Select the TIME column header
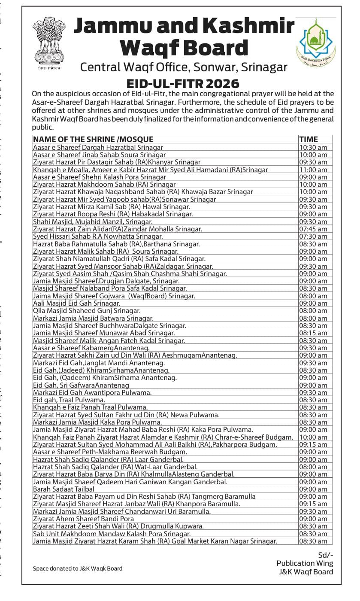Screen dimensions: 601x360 [x=309, y=139]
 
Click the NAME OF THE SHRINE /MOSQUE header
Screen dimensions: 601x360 [x=93, y=139]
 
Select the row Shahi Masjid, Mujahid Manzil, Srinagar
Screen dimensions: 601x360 [x=93, y=222]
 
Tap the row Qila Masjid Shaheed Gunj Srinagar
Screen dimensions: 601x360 [x=87, y=310]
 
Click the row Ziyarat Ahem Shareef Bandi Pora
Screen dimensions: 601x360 [x=84, y=519]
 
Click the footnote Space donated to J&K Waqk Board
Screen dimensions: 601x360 [x=78, y=568]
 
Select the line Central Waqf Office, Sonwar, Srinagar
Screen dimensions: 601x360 [x=184, y=67]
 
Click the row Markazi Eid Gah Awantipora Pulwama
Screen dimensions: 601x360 [x=92, y=392]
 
